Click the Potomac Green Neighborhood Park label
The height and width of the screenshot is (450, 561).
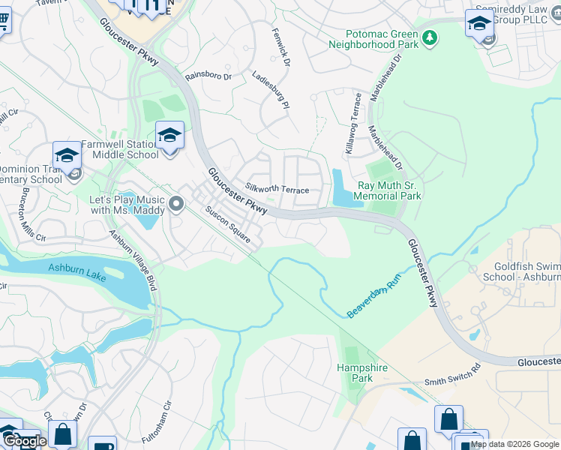coord(374,39)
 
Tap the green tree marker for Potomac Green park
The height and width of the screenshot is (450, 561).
coord(430,37)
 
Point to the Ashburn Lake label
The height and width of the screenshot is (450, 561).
coord(77,268)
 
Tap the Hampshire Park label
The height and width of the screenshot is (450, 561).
coord(355,373)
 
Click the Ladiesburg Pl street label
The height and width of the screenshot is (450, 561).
coord(270,89)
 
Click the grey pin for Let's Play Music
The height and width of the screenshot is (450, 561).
coord(176,203)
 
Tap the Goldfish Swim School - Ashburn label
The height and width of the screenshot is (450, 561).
coord(526,271)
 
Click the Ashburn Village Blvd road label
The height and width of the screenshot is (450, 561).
coord(133,259)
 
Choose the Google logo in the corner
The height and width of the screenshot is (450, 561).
coord(24,441)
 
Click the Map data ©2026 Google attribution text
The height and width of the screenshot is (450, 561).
coord(514,444)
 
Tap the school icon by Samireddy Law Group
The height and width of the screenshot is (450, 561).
coord(478,22)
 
